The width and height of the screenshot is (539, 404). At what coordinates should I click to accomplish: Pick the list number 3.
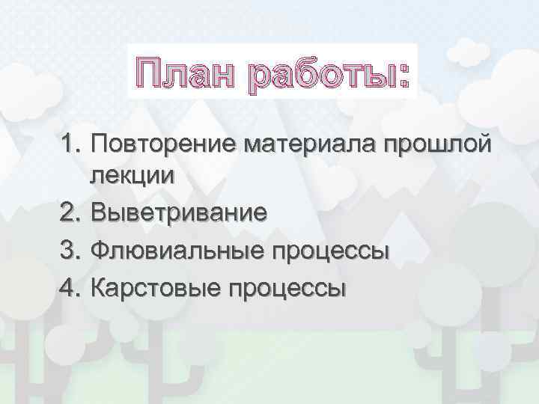(x=70, y=250)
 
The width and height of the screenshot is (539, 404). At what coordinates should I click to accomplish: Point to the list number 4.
(x=70, y=287)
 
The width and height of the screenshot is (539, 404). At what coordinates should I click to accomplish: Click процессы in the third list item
(x=326, y=251)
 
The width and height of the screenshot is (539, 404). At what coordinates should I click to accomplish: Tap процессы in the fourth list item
(x=284, y=288)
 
